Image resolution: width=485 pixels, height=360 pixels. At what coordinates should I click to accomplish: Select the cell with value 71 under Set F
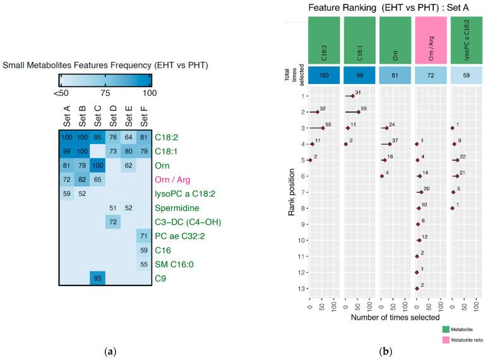[143, 236]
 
